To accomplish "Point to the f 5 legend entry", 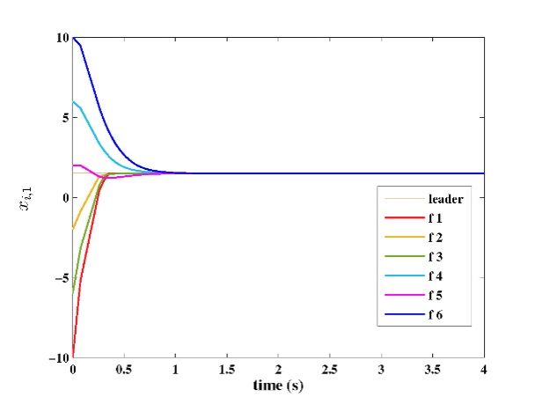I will tap(436, 296).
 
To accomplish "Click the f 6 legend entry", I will tap(436, 315).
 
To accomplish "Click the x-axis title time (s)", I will tap(278, 386).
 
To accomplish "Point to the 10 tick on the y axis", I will tap(62, 38).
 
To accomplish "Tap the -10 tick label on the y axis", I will tap(58, 357).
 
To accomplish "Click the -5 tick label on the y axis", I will tap(62, 278).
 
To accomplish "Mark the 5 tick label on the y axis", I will tap(64, 118).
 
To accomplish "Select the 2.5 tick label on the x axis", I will tap(330, 371).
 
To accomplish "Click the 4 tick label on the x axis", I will tap(484, 371).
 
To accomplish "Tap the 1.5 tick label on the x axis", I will tap(227, 371).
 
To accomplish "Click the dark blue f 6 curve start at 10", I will tap(74, 39).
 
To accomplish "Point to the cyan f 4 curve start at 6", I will tap(74, 102).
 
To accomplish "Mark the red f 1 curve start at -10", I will tap(74, 355).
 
